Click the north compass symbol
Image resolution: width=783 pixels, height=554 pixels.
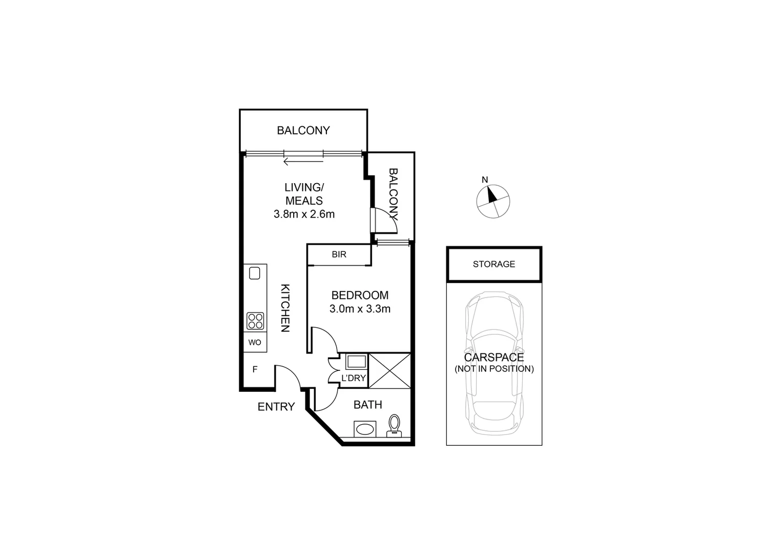point(493,201)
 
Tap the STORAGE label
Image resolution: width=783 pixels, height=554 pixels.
point(494,264)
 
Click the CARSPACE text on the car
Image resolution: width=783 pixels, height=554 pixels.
point(494,358)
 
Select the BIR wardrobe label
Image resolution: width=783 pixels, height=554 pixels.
point(339,254)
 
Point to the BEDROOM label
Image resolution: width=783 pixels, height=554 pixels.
point(360,295)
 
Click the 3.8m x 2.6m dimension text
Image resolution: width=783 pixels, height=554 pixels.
point(304,214)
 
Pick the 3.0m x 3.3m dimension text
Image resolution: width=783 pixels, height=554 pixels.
point(360,309)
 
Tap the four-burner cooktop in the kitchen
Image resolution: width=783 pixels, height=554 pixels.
point(255,321)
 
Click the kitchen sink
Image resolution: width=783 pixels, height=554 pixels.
point(255,273)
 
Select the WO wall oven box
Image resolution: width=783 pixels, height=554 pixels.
point(255,343)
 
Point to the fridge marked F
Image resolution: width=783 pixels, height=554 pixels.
point(255,369)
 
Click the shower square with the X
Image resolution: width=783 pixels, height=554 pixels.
point(389,371)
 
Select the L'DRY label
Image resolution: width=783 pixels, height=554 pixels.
point(353,379)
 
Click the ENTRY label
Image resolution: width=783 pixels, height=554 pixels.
point(276,407)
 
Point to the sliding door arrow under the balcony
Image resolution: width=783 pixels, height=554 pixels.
point(303,162)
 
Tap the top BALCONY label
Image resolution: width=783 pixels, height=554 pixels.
point(303,131)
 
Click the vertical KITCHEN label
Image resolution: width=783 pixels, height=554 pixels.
point(285,308)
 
